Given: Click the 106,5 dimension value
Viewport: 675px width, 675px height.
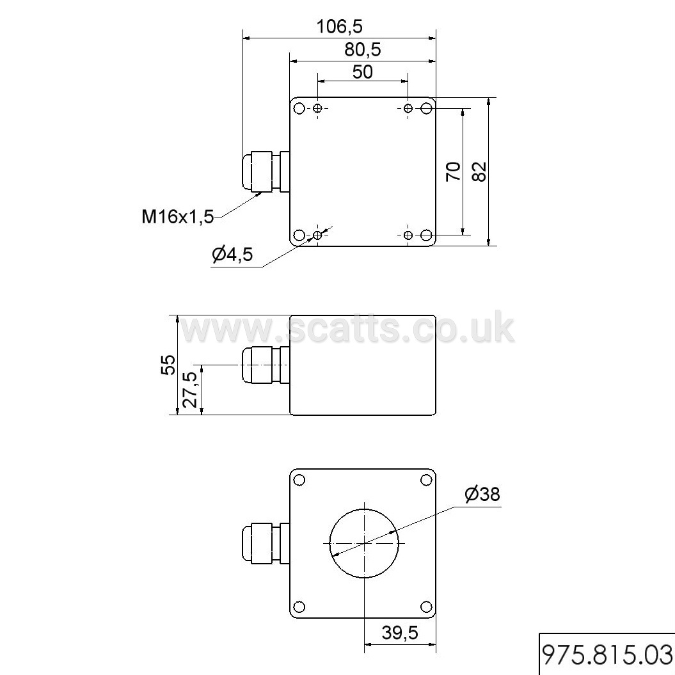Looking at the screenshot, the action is (340, 27).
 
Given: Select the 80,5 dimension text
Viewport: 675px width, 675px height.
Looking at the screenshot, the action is (363, 50).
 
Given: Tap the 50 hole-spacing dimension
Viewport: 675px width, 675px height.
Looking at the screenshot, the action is (363, 72).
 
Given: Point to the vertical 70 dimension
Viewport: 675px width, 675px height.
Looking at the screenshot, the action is (453, 171).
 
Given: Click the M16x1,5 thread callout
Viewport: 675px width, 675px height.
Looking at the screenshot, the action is (178, 216).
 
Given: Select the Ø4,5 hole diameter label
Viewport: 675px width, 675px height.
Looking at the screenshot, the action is (232, 255).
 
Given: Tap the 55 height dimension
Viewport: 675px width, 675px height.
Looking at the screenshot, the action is (168, 365).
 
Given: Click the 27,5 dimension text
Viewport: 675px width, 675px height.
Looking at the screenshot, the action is (190, 390).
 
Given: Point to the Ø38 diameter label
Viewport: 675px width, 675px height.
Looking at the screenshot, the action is (482, 494).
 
